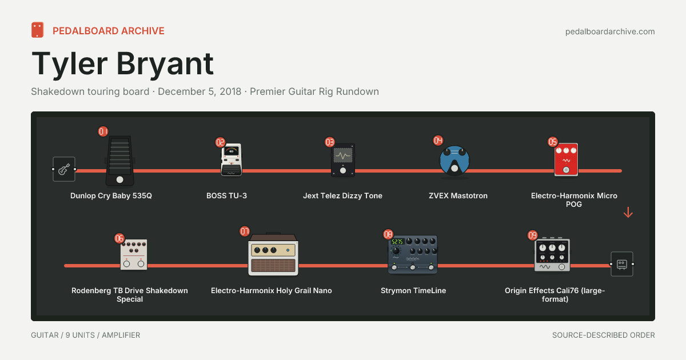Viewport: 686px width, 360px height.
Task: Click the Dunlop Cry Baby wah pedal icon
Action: pyautogui.click(x=119, y=161)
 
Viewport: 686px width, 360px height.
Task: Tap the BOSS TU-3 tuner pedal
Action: pyautogui.click(x=231, y=159)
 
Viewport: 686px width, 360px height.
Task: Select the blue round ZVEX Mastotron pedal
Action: pyautogui.click(x=454, y=161)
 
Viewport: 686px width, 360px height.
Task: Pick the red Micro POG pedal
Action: pyautogui.click(x=566, y=159)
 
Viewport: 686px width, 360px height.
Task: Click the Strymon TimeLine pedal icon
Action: pyautogui.click(x=413, y=254)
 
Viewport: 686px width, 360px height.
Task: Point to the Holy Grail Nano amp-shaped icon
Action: pyautogui.click(x=273, y=254)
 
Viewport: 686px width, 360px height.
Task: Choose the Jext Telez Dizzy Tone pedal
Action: pyautogui.click(x=342, y=160)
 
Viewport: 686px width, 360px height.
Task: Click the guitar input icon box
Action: pyautogui.click(x=64, y=169)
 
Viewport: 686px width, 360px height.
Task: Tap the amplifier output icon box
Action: pyautogui.click(x=622, y=264)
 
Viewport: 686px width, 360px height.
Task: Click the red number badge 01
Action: pyautogui.click(x=103, y=131)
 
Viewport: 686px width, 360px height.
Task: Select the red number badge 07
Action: pyautogui.click(x=245, y=231)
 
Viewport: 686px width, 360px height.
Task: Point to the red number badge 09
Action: pyautogui.click(x=533, y=235)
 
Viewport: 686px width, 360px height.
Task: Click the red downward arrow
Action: pyautogui.click(x=628, y=213)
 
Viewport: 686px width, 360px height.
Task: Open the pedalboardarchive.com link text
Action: pyautogui.click(x=610, y=31)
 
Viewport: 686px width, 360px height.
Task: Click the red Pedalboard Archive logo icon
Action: pyautogui.click(x=37, y=30)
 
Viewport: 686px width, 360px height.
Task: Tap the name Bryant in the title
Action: pyautogui.click(x=165, y=64)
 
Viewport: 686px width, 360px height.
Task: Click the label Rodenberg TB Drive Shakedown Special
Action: pyautogui.click(x=130, y=294)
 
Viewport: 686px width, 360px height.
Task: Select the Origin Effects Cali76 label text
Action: pyautogui.click(x=555, y=294)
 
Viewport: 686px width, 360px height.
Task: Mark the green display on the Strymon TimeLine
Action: pyautogui.click(x=397, y=242)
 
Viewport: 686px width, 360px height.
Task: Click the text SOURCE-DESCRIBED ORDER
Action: pyautogui.click(x=604, y=335)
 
